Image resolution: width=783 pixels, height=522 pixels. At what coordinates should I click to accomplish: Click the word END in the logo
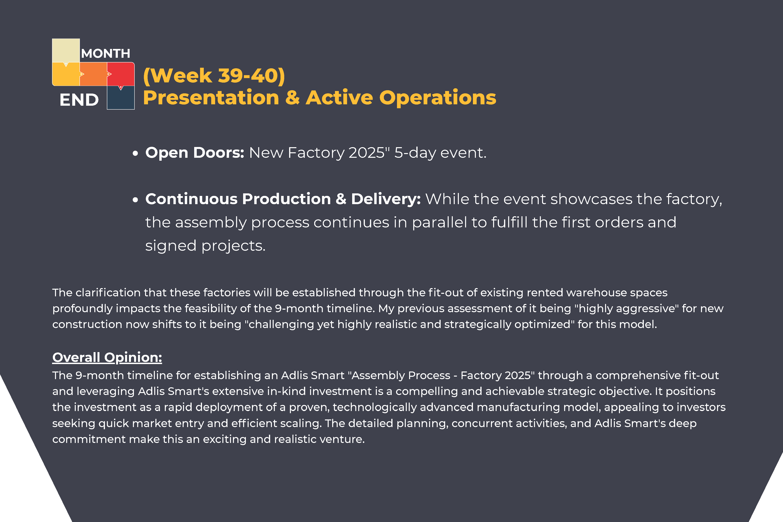79,100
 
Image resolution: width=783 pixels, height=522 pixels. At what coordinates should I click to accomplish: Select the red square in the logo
121,74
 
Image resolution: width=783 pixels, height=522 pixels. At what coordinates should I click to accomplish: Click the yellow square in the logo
66,74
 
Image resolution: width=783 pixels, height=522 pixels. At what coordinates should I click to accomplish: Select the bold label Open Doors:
195,153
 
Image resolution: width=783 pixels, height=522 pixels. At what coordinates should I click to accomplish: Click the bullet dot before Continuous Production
135,200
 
